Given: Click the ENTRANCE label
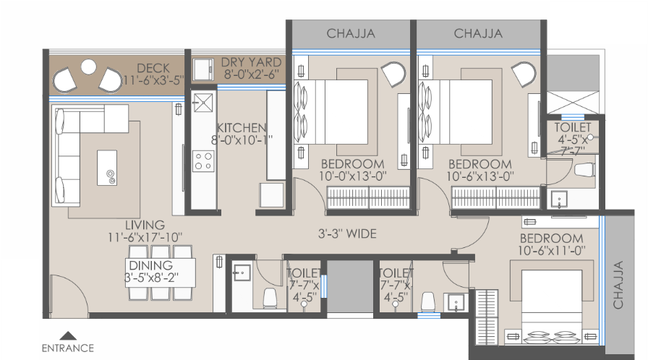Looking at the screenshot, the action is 68,348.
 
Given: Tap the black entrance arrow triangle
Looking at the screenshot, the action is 68,335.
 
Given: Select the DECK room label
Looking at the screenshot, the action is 153,68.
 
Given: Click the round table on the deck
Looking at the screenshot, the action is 88,67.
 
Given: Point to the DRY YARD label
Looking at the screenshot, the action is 251,62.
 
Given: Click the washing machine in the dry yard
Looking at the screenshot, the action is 203,69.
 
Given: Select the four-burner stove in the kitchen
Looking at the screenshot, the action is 203,161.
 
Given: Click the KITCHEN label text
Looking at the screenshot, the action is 242,127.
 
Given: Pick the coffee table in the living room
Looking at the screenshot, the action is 107,168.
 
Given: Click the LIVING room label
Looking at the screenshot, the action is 145,225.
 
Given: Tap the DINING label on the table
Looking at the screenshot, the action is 151,265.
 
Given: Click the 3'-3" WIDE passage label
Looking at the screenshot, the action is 347,233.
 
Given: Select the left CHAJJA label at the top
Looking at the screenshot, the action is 351,33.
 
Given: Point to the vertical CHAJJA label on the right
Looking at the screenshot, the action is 618,285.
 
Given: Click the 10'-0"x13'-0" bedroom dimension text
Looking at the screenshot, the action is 352,176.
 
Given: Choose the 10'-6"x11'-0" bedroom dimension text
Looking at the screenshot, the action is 552,250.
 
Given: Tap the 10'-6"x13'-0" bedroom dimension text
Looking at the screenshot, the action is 479,176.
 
